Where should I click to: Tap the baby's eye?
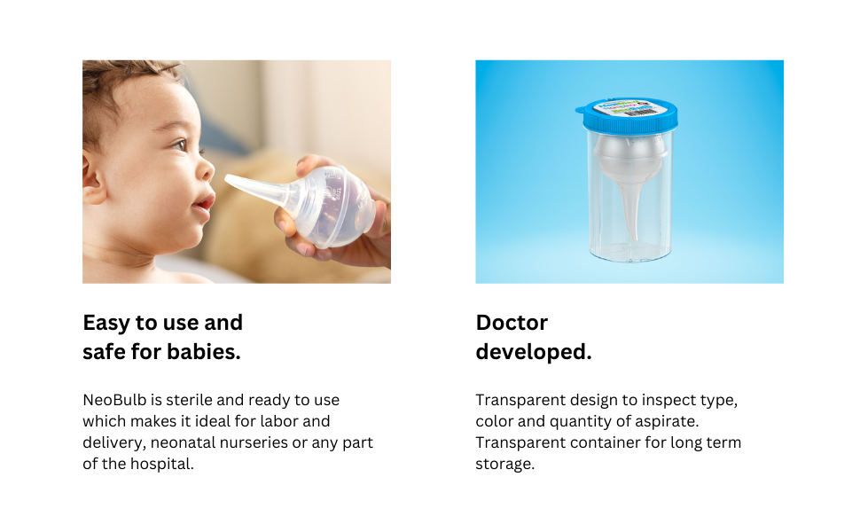coord(179,144)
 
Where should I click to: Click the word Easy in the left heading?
coord(106,323)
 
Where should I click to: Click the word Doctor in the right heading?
coord(512,323)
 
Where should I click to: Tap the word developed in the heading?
coord(531,352)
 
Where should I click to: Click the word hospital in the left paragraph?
coord(161,464)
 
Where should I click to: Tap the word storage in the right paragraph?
coord(504,464)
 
